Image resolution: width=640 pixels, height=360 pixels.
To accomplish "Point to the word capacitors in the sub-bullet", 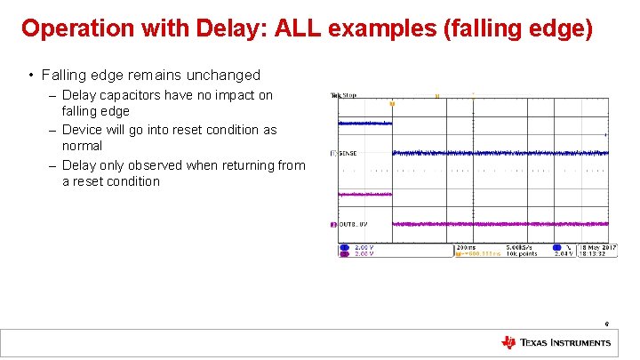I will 130,95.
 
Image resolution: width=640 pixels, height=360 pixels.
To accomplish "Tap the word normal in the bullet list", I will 82,146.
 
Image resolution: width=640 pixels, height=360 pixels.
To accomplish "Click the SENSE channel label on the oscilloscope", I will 347,154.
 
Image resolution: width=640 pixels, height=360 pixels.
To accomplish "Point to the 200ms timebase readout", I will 466,247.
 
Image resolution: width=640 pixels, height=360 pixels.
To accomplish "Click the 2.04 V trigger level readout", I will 564,254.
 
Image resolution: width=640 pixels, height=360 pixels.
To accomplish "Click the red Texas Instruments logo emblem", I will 508,342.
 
